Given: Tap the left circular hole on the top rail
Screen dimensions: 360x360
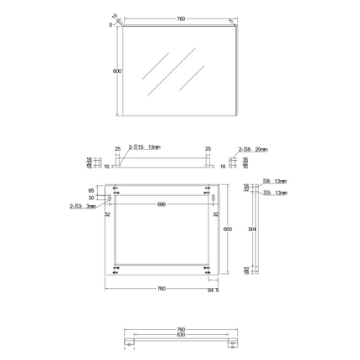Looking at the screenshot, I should [x=120, y=165].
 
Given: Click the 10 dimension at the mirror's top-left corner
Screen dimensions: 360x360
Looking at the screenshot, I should [x=114, y=14].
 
